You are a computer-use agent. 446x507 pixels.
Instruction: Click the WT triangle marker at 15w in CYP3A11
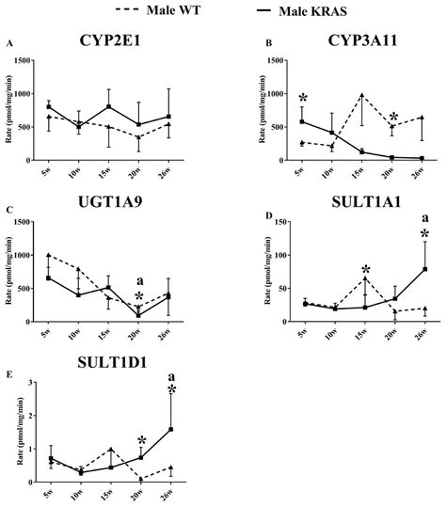coord(363,96)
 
